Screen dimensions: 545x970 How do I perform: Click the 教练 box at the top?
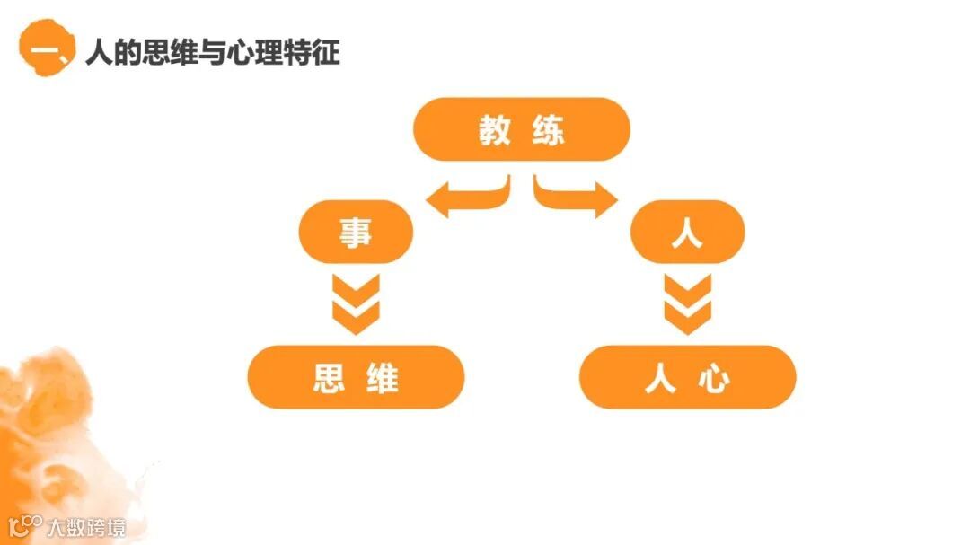521,129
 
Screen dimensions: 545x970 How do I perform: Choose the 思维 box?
356,377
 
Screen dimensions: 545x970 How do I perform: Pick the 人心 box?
687,377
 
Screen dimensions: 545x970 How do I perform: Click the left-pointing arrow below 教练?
467,197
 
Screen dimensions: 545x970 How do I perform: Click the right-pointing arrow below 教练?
576,197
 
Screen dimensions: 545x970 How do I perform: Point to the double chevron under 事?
356,303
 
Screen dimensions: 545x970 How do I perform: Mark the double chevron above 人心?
687,303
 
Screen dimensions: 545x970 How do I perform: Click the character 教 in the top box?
494,130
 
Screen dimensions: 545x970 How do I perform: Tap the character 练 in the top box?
548,130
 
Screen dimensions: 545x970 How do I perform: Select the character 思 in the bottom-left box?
330,378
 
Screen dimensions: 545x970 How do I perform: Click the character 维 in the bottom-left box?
383,378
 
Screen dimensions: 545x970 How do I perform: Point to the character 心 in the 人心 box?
715,378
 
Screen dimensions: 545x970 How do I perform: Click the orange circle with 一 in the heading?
43,50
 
